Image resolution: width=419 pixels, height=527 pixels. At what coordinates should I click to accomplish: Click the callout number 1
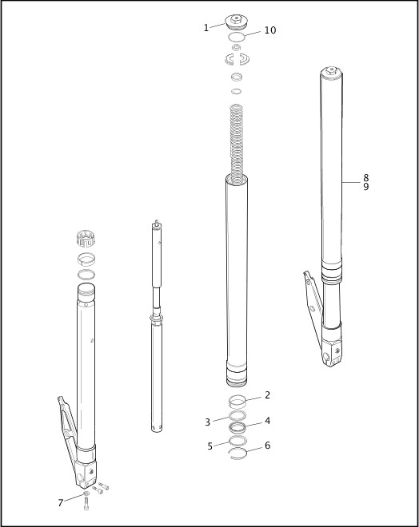[x=206, y=28]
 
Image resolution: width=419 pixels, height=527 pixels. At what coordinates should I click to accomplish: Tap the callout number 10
[x=269, y=30]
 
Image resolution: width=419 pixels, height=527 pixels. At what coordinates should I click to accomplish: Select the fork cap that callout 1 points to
[x=236, y=21]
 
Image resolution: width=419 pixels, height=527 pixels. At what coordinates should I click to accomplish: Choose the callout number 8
[x=365, y=177]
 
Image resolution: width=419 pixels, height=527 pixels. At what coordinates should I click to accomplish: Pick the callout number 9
[x=365, y=187]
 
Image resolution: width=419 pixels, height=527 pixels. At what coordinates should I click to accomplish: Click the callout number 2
[x=267, y=395]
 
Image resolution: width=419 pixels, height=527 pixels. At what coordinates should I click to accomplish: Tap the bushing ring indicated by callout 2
[x=237, y=401]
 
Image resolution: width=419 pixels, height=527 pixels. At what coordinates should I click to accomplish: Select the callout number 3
[x=207, y=422]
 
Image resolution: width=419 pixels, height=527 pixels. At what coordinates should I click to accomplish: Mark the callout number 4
[x=267, y=421]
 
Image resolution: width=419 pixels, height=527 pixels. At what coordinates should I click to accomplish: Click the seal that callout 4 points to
[x=237, y=427]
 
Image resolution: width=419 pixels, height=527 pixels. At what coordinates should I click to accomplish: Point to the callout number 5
[x=210, y=446]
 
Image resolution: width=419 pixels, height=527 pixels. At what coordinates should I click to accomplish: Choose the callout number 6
[x=267, y=446]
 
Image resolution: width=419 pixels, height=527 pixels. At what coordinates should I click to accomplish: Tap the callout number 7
[x=60, y=502]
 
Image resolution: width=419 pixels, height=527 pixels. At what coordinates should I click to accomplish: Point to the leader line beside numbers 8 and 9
[x=352, y=182]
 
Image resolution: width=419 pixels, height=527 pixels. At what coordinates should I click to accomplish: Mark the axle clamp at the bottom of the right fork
[x=334, y=351]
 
